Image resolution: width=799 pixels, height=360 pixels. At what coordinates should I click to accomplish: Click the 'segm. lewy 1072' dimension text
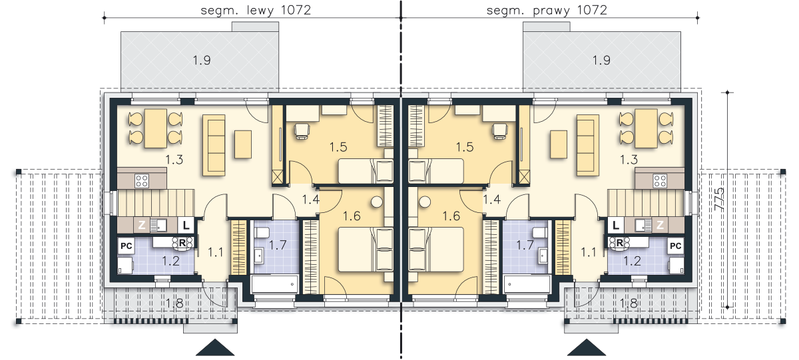coord(256,11)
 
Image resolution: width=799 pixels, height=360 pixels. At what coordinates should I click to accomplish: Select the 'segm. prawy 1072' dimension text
coord(547,11)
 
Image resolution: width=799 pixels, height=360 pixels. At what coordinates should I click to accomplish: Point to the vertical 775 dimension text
coord(719,199)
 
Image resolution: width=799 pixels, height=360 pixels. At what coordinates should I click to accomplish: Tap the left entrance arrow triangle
coord(215,347)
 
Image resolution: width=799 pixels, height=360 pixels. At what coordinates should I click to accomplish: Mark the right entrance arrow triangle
coord(587,347)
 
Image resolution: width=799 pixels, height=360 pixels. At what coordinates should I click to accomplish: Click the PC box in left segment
coord(127,246)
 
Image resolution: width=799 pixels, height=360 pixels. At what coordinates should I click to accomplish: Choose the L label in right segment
coord(616,226)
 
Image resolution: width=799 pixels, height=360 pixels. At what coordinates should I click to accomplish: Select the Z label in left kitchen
coord(142,225)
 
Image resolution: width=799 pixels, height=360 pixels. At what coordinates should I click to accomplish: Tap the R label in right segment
coord(620,243)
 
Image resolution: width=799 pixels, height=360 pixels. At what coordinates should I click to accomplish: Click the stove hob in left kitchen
coord(142,181)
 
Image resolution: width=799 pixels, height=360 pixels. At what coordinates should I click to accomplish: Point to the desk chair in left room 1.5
coord(302,130)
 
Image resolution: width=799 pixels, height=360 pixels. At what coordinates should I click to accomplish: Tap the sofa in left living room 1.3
coord(214,145)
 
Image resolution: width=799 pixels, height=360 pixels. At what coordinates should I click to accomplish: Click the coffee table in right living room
coord(559,144)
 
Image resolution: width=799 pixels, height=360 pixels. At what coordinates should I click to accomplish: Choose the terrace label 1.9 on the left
coord(202,61)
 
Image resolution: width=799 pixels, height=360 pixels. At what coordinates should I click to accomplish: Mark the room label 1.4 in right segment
coord(492,199)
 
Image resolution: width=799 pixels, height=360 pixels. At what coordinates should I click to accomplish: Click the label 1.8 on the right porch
coord(629,303)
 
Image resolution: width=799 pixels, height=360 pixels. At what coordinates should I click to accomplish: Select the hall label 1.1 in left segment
coord(216,252)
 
